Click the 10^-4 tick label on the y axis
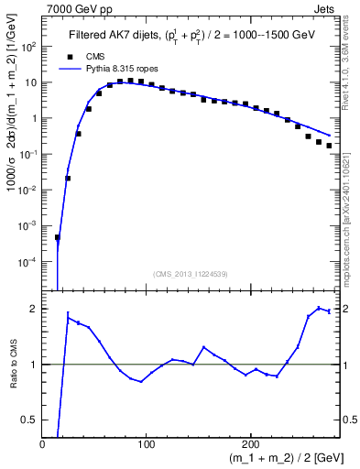pyautogui.click(x=27, y=261)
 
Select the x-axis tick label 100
pyautogui.click(x=146, y=443)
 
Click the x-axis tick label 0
pyautogui.click(x=43, y=443)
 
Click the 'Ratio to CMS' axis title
pyautogui.click(x=12, y=365)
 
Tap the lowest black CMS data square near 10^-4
pyautogui.click(x=57, y=237)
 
